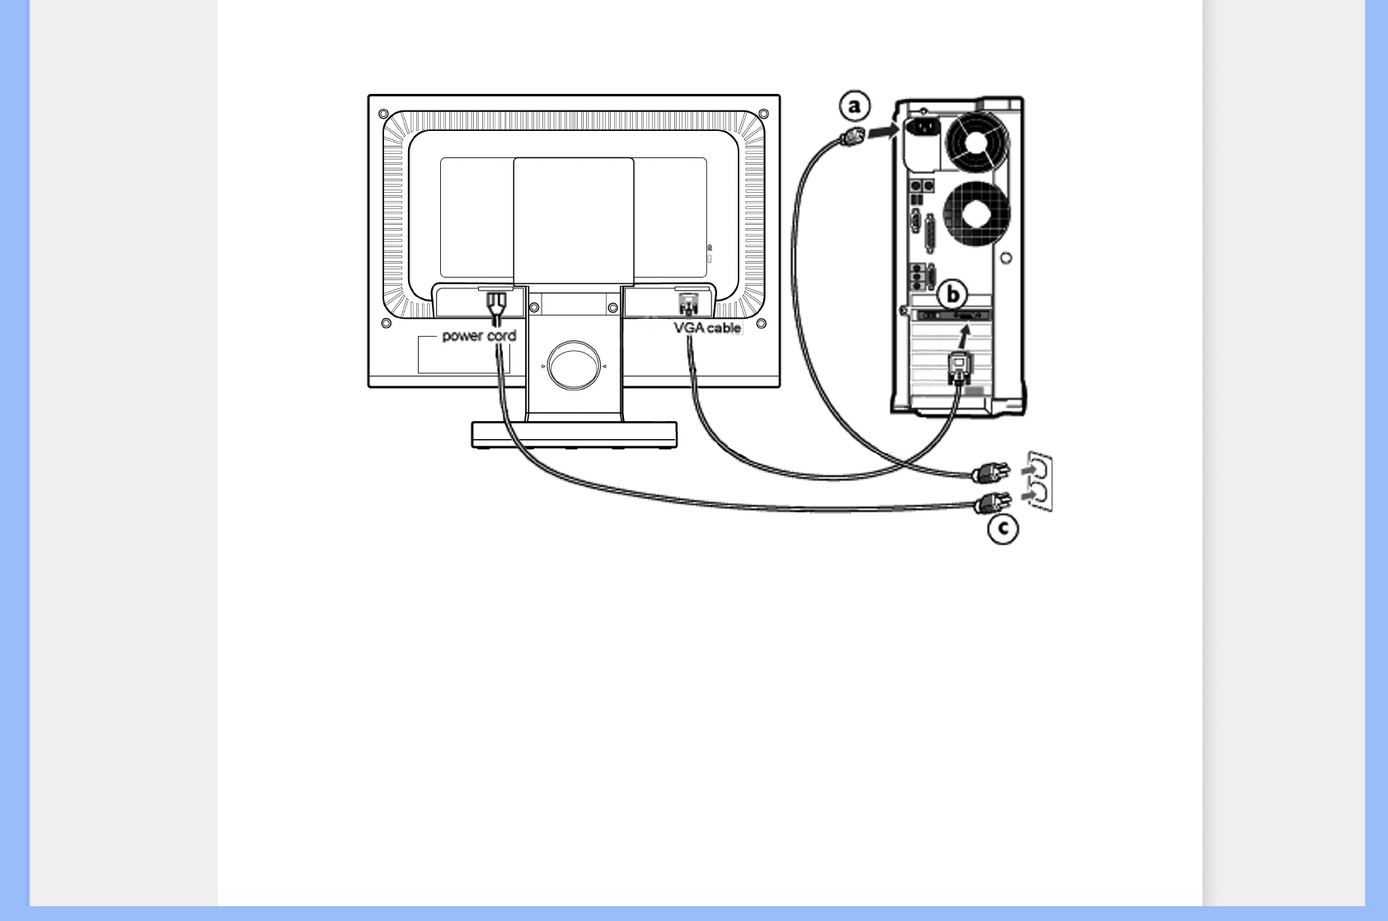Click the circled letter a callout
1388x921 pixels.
(x=855, y=106)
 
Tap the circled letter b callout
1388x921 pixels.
(x=953, y=294)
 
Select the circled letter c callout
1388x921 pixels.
(x=1003, y=528)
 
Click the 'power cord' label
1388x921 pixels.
(x=479, y=336)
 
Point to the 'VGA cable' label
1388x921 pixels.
(x=707, y=328)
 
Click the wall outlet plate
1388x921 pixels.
(x=1040, y=482)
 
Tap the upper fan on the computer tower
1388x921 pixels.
(x=978, y=143)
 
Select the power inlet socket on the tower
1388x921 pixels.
(x=924, y=129)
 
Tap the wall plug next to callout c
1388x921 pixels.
(x=992, y=503)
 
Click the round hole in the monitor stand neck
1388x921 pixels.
(x=574, y=365)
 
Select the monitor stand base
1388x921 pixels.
(x=574, y=434)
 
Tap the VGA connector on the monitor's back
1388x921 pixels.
(x=687, y=304)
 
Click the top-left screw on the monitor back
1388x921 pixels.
(x=383, y=114)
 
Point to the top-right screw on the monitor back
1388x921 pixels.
(x=763, y=114)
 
